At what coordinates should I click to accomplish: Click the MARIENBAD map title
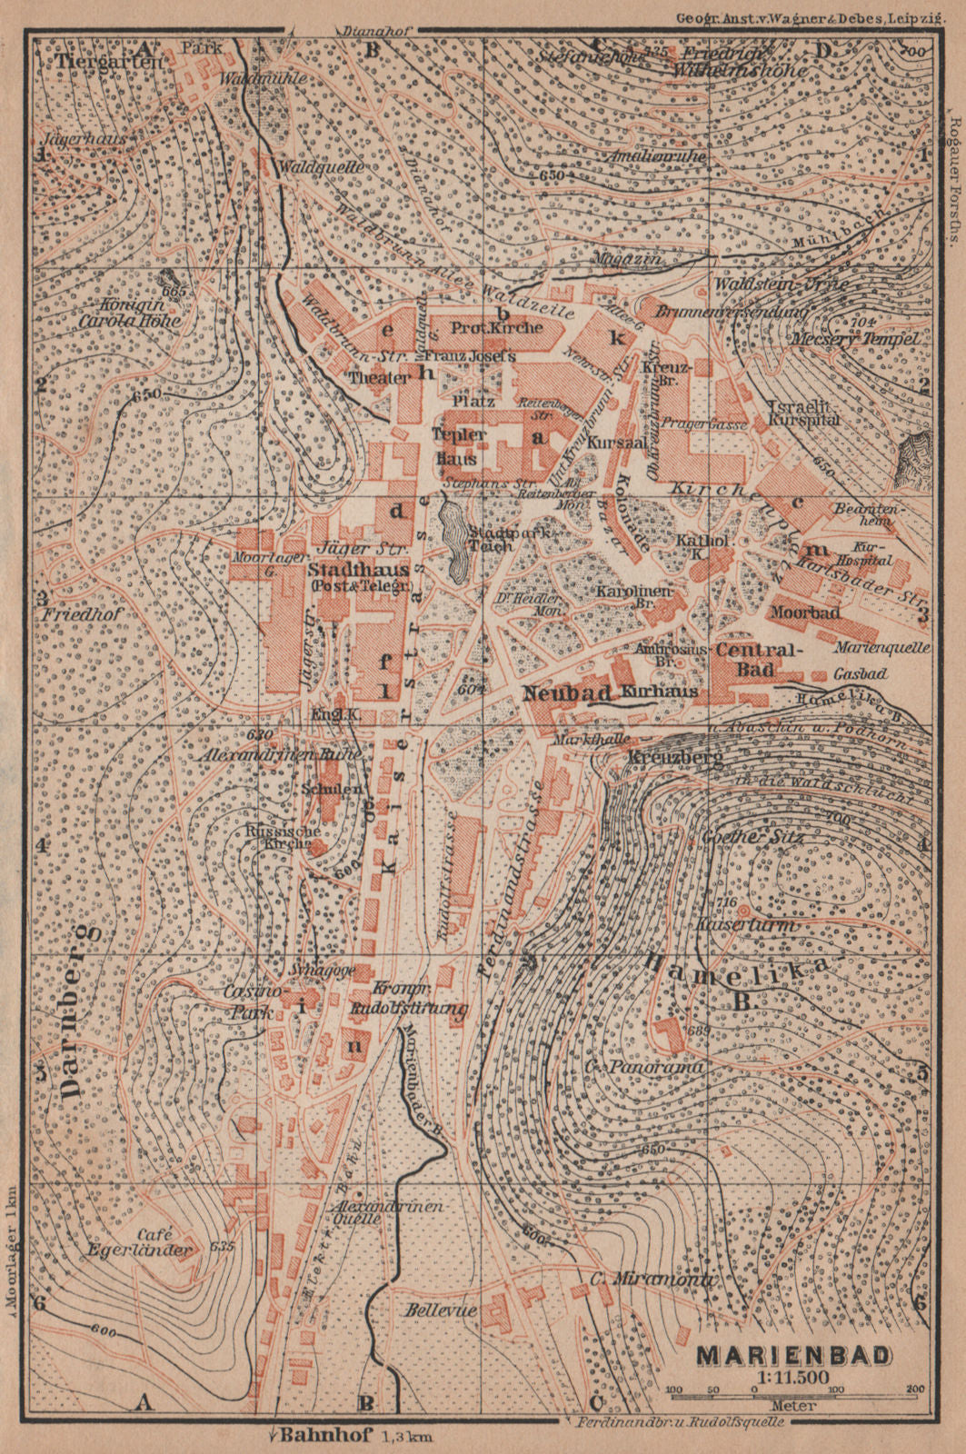point(793,1355)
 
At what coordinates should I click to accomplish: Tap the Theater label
point(381,378)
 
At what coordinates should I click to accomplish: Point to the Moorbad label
point(803,612)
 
